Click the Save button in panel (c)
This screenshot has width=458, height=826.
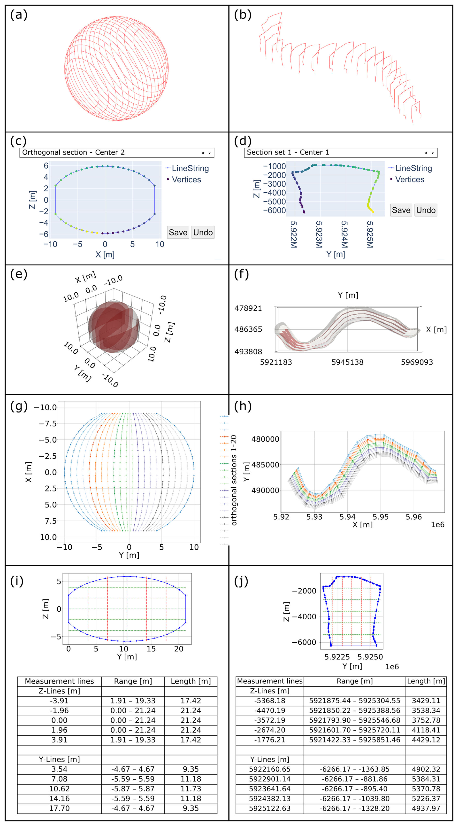click(x=178, y=232)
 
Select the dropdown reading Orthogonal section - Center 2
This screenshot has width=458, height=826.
click(x=117, y=153)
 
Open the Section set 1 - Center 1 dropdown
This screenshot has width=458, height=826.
click(x=340, y=153)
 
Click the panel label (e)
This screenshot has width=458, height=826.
click(x=19, y=274)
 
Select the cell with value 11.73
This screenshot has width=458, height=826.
click(x=191, y=788)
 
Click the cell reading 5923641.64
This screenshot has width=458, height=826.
click(x=269, y=788)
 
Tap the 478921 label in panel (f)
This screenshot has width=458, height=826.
click(x=248, y=308)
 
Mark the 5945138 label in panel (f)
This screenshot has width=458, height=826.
click(x=347, y=362)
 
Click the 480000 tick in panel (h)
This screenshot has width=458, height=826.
click(x=265, y=439)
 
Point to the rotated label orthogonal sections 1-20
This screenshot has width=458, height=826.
click(x=234, y=480)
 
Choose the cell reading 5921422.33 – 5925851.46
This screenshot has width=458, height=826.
click(x=354, y=740)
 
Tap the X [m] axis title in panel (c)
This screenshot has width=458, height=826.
click(x=105, y=254)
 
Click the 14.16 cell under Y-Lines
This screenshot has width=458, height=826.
click(x=59, y=798)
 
